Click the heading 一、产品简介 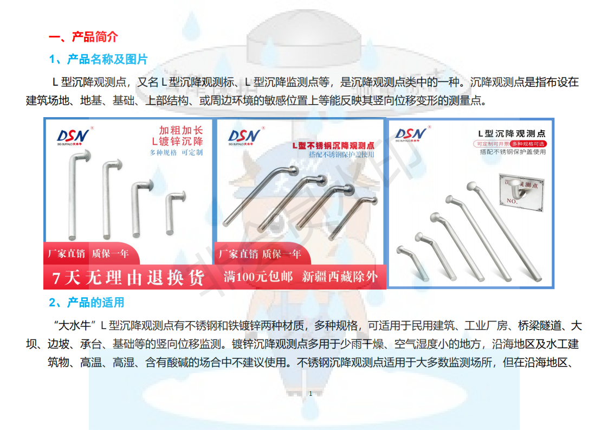point(83,37)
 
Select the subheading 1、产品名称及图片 point(98,59)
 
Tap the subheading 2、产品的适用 point(87,302)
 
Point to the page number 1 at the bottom point(311,393)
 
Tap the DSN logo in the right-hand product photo point(411,134)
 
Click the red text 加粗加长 point(181,131)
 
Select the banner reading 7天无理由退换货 point(128,278)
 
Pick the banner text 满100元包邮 point(258,277)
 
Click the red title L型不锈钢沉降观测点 point(333,146)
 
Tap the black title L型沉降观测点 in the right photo point(512,133)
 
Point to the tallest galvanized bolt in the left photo point(74,195)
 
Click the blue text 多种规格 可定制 point(176,152)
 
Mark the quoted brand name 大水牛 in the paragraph point(75,326)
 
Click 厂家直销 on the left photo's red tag point(67,254)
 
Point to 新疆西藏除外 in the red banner point(340,277)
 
